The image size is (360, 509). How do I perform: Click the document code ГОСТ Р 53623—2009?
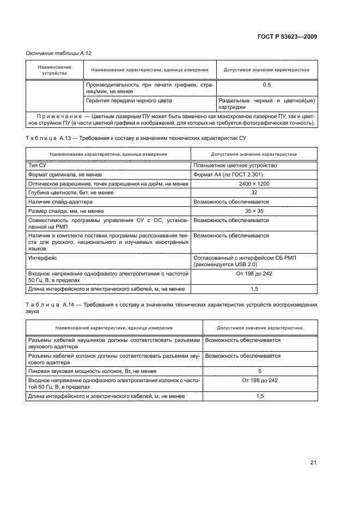(287, 36)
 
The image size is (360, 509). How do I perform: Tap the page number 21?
(313, 463)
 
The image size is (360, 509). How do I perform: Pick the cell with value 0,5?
(267, 85)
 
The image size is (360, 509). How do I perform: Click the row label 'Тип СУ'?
(37, 165)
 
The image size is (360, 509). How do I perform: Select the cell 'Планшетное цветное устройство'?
(235, 165)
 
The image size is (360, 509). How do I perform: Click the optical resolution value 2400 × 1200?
(253, 183)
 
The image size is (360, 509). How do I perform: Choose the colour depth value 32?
(253, 192)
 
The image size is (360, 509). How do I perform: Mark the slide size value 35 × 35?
(253, 211)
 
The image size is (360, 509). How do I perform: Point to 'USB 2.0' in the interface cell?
(250, 263)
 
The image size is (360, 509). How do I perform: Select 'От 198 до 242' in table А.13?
(253, 273)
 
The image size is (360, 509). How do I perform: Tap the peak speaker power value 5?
(260, 370)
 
